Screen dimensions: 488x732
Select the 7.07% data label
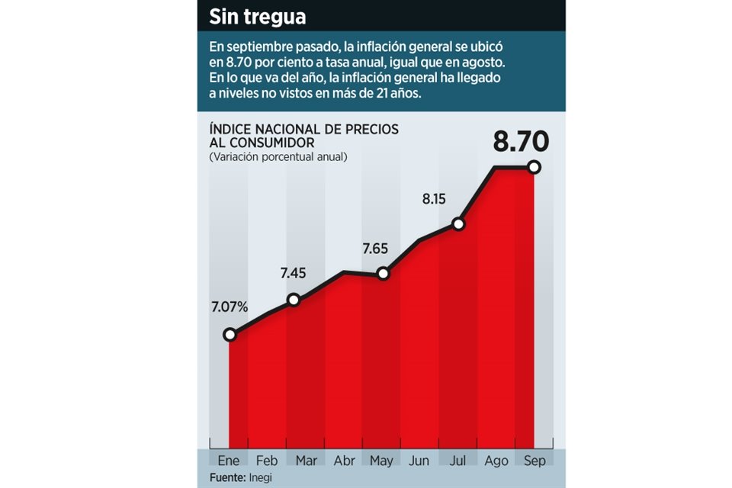tap(230, 307)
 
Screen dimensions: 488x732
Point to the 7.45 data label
tap(294, 272)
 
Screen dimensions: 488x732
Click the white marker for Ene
tap(230, 334)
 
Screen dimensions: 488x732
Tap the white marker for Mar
tap(294, 300)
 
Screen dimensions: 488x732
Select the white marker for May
tap(384, 272)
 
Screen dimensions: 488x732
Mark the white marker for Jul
tap(458, 223)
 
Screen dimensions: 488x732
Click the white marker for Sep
tap(534, 167)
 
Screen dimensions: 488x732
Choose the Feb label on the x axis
tap(266, 461)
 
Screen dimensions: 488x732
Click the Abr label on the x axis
tap(343, 461)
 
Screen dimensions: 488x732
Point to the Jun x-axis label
tap(419, 461)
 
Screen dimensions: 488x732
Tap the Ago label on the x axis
tap(496, 461)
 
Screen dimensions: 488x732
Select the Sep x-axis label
tap(534, 461)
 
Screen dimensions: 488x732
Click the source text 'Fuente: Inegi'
tap(242, 477)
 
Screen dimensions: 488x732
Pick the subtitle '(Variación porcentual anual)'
tap(278, 157)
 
